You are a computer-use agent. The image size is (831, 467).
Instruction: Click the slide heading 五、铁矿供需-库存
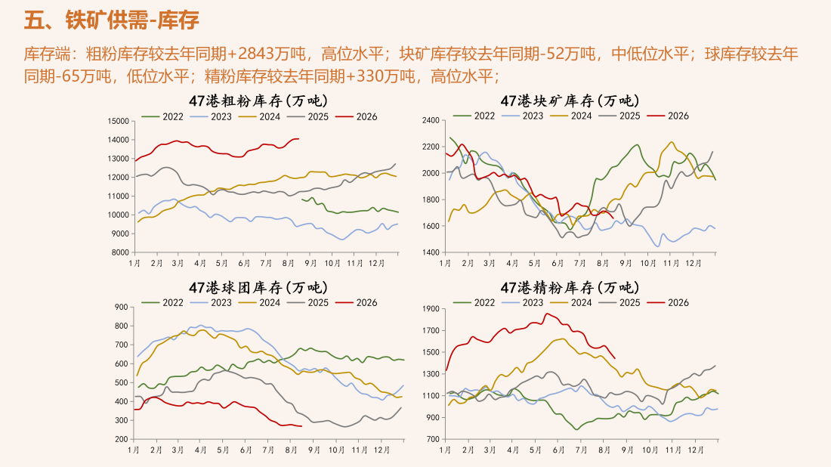click(111, 20)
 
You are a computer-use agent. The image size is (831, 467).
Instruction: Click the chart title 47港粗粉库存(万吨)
click(258, 101)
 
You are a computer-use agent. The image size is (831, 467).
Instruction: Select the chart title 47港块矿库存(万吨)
click(570, 101)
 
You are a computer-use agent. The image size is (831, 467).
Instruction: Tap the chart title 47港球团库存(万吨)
click(258, 287)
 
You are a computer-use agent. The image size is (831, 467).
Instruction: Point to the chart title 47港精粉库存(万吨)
click(570, 287)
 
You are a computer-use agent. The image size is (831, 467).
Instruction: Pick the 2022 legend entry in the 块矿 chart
click(474, 116)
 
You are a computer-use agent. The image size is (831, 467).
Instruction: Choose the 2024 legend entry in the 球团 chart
click(260, 303)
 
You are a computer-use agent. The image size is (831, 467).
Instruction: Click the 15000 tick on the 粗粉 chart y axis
click(118, 121)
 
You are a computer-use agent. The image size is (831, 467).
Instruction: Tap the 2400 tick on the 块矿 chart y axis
click(431, 120)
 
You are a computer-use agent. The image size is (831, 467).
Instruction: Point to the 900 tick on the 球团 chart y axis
click(122, 307)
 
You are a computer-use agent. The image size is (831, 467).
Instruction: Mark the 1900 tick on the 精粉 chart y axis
click(431, 308)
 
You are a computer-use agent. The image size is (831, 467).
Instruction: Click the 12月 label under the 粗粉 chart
click(376, 264)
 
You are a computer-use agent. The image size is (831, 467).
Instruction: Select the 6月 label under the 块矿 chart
click(558, 264)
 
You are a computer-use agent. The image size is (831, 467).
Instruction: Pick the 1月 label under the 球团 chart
click(134, 450)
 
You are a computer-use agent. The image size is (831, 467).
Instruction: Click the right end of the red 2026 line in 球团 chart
click(301, 426)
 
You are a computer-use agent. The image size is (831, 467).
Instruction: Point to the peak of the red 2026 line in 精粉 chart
click(547, 314)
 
